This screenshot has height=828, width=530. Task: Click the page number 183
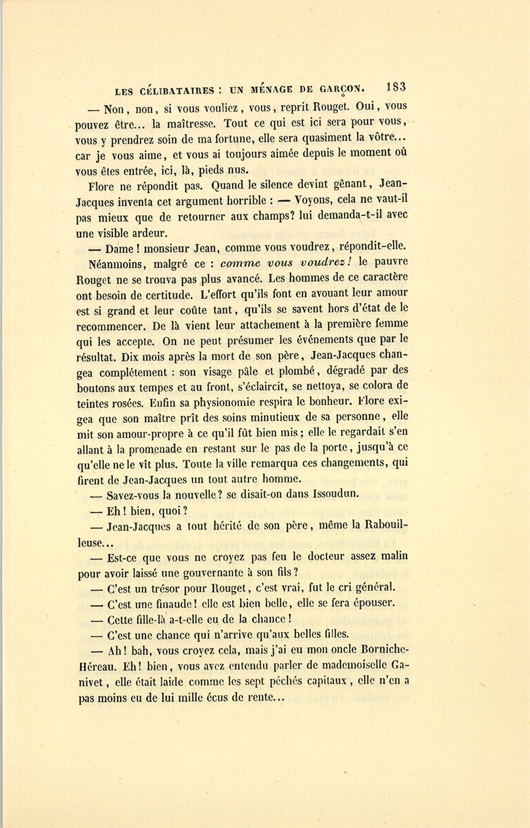pos(396,87)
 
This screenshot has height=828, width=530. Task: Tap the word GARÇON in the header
pos(342,90)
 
